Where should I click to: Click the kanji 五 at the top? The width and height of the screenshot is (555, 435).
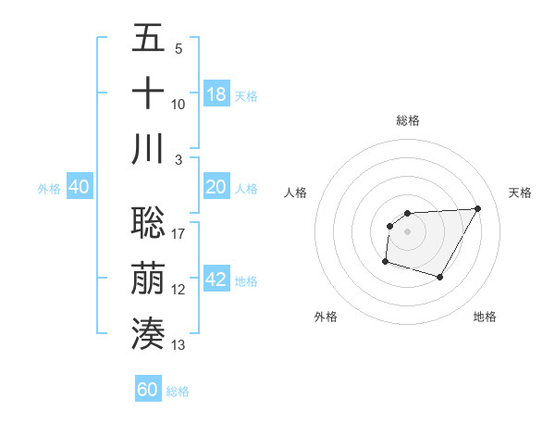(x=148, y=39)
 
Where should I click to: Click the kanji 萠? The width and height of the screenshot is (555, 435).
(x=148, y=278)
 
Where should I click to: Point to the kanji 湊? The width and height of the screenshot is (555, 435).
(x=148, y=333)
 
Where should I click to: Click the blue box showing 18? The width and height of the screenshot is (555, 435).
(x=216, y=94)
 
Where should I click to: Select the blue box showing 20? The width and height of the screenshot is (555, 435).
(x=216, y=187)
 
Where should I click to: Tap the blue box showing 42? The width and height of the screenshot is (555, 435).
(x=216, y=280)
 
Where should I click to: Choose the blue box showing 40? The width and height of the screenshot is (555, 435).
(x=79, y=187)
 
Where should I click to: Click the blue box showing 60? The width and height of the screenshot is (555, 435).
(x=148, y=390)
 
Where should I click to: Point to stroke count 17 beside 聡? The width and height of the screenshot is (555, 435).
(x=179, y=234)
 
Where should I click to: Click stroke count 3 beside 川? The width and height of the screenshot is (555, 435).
(x=179, y=160)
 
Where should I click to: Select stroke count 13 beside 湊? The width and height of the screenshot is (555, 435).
(x=179, y=345)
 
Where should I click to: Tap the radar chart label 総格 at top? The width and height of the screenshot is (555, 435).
(x=407, y=120)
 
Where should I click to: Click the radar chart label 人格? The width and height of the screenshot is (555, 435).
(x=296, y=193)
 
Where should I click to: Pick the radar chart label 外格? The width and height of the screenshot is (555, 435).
(x=326, y=317)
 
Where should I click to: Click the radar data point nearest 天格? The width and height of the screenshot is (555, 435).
(x=477, y=208)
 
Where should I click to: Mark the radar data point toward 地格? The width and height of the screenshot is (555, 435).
(x=440, y=278)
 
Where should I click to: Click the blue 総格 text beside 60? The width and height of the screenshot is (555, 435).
(x=178, y=391)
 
